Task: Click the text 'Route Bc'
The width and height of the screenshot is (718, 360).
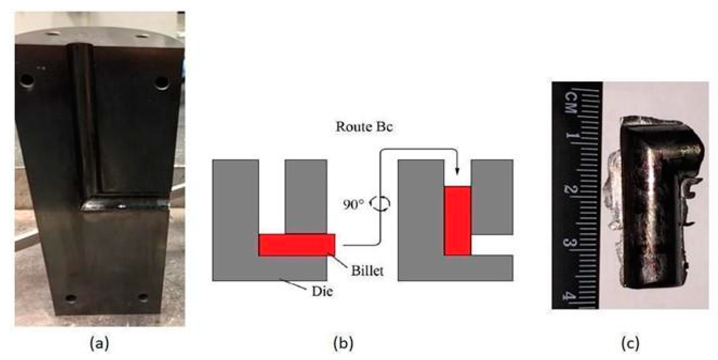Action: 364,127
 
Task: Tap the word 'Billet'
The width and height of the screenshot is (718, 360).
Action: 367,271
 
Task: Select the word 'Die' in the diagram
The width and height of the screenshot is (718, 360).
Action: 322,291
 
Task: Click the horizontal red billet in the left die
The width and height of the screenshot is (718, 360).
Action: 297,245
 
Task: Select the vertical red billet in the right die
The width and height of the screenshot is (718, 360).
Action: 458,220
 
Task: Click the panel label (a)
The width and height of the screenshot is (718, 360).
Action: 100,344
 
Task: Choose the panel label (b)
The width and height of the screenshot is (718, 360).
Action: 343,344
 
